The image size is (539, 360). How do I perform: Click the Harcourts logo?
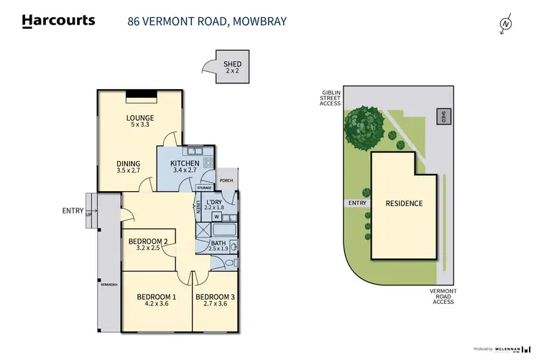click(58, 21)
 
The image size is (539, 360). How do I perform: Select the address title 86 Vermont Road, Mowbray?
click(207, 21)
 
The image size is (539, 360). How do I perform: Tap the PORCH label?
click(226, 180)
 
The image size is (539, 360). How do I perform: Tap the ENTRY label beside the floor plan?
click(72, 211)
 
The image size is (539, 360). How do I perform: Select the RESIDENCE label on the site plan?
click(403, 203)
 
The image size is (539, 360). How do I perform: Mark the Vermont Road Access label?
click(443, 296)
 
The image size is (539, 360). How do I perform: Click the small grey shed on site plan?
click(443, 116)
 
